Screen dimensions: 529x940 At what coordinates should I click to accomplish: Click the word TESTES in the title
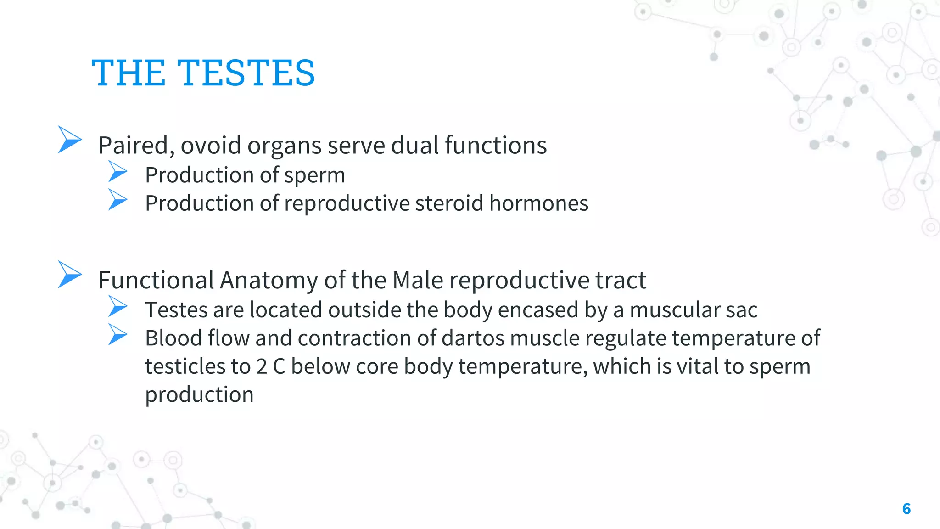click(246, 73)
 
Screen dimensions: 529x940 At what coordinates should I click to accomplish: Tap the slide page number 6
click(906, 509)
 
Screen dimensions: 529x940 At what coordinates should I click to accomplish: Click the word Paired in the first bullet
click(136, 146)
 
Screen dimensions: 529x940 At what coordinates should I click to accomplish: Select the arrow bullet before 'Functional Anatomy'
click(70, 274)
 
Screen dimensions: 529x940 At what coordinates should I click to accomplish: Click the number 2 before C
click(262, 366)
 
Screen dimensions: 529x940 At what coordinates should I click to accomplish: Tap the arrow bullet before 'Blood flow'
click(117, 335)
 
